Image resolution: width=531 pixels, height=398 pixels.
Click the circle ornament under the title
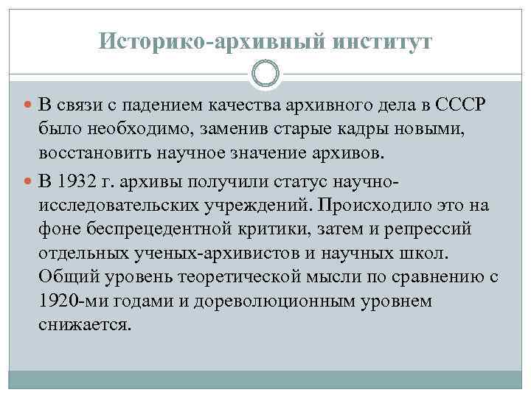(265, 74)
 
